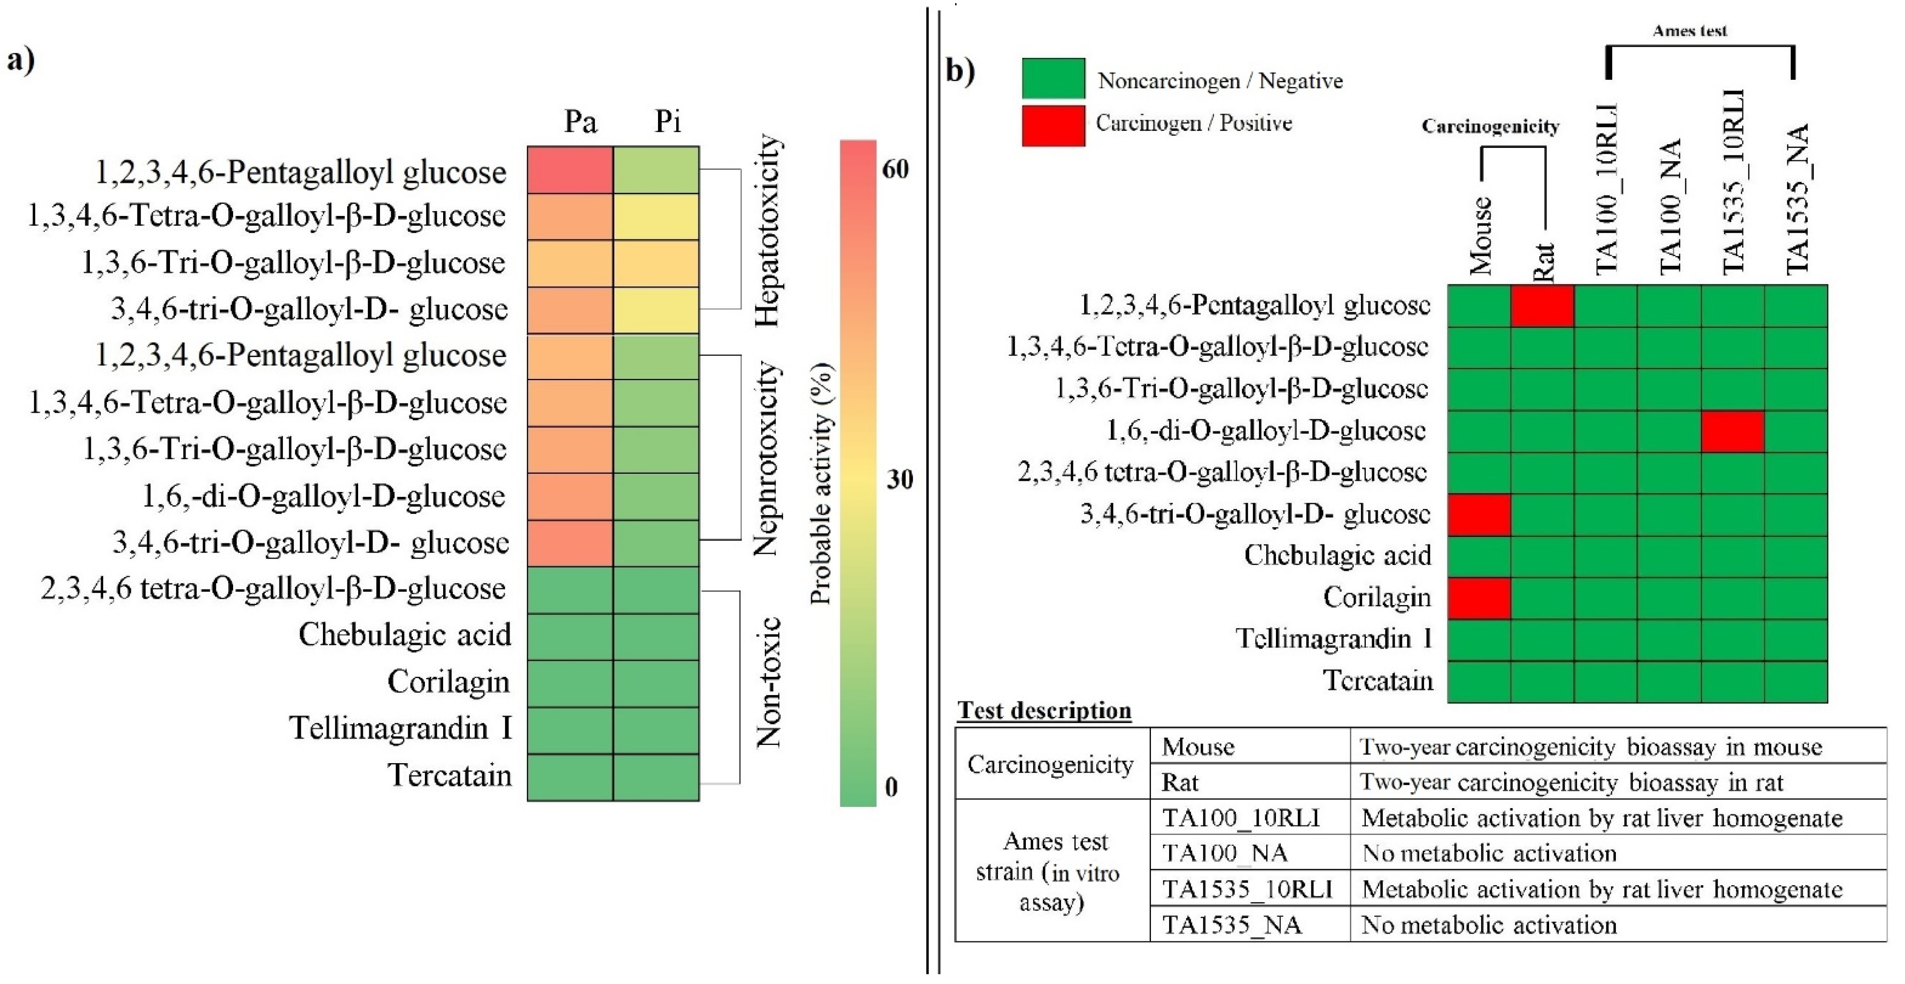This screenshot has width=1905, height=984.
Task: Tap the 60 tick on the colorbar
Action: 896,170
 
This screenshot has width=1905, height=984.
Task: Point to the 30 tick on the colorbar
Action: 899,480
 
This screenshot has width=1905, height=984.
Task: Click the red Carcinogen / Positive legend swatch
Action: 1053,125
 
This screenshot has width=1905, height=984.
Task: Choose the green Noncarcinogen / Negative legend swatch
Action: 1053,78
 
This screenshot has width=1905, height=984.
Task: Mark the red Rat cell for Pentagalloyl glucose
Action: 1542,305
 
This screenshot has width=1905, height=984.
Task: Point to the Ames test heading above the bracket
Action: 1690,31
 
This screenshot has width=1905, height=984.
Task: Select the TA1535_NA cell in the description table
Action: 1231,925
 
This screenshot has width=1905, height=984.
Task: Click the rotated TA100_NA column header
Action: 1670,207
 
